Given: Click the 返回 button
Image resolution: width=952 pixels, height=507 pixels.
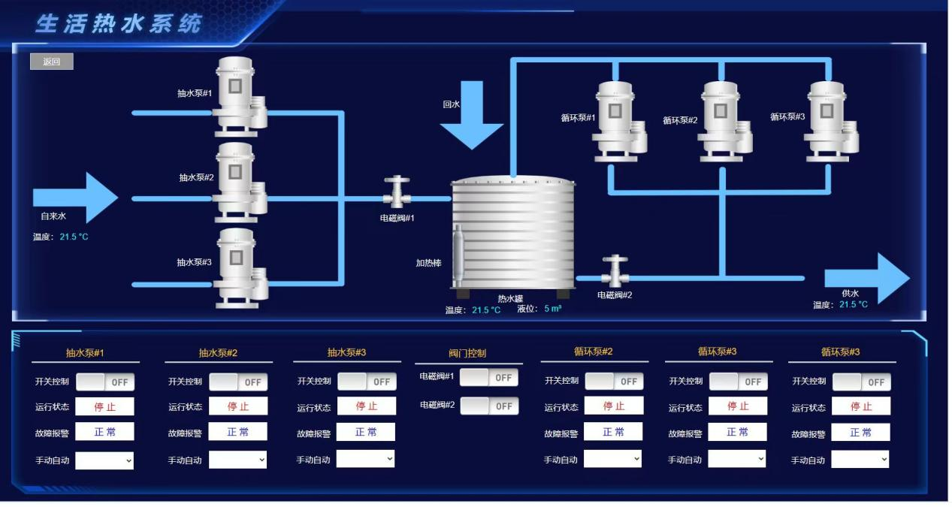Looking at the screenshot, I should [51, 62].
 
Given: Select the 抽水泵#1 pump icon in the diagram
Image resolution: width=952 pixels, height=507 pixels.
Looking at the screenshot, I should [237, 95].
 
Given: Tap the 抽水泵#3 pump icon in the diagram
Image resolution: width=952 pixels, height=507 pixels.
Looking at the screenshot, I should [237, 267].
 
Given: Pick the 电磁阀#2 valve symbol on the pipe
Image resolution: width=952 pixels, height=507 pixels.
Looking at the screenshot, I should [615, 270].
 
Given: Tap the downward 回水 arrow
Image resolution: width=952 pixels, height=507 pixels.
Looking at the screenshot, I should [471, 119].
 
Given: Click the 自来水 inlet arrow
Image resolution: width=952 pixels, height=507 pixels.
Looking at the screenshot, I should [75, 198].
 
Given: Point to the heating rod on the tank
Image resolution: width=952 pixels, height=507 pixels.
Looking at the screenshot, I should [458, 255].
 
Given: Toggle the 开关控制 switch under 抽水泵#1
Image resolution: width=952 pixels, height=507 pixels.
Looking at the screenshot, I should [104, 382].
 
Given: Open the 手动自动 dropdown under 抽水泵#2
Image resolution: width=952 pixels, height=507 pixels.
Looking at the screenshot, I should [237, 459].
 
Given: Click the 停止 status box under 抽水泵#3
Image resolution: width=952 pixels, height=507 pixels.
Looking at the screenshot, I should [366, 406].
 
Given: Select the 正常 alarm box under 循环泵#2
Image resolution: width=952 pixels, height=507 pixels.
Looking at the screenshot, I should [613, 432].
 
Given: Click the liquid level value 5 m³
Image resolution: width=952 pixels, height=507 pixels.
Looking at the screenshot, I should [552, 309].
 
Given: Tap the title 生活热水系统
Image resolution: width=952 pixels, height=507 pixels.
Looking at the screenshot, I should [119, 23].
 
